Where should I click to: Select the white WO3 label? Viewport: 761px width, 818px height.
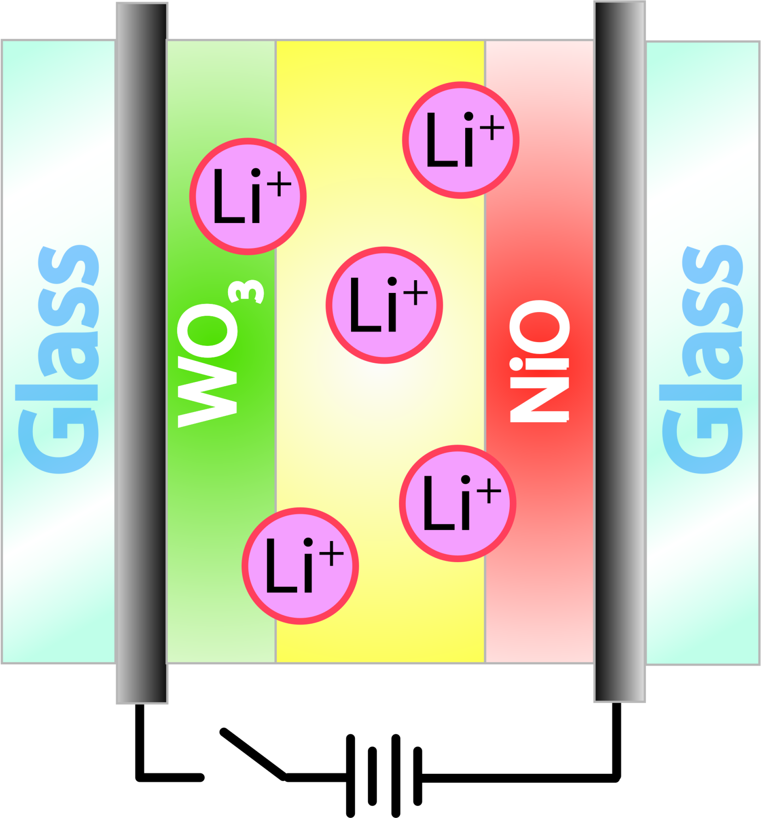point(220,354)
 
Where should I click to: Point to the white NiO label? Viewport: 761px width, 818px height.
point(540,361)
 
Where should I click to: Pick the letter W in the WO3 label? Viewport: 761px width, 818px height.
point(207,392)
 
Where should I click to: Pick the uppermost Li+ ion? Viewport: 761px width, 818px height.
point(461,140)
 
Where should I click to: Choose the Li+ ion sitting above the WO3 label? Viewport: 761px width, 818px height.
point(248,197)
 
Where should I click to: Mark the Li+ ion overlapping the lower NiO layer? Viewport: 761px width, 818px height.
point(458,503)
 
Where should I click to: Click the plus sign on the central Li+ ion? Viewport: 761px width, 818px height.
point(416,293)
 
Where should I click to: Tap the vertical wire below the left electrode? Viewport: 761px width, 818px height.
point(140,741)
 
